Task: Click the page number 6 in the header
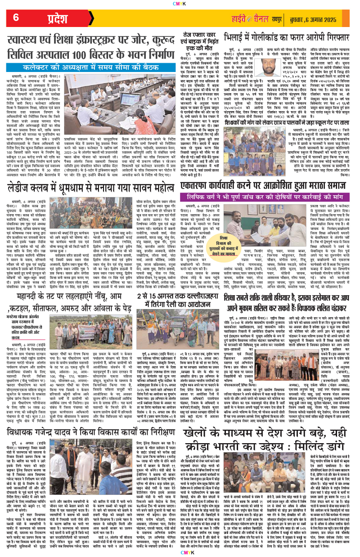(x=16, y=18)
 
